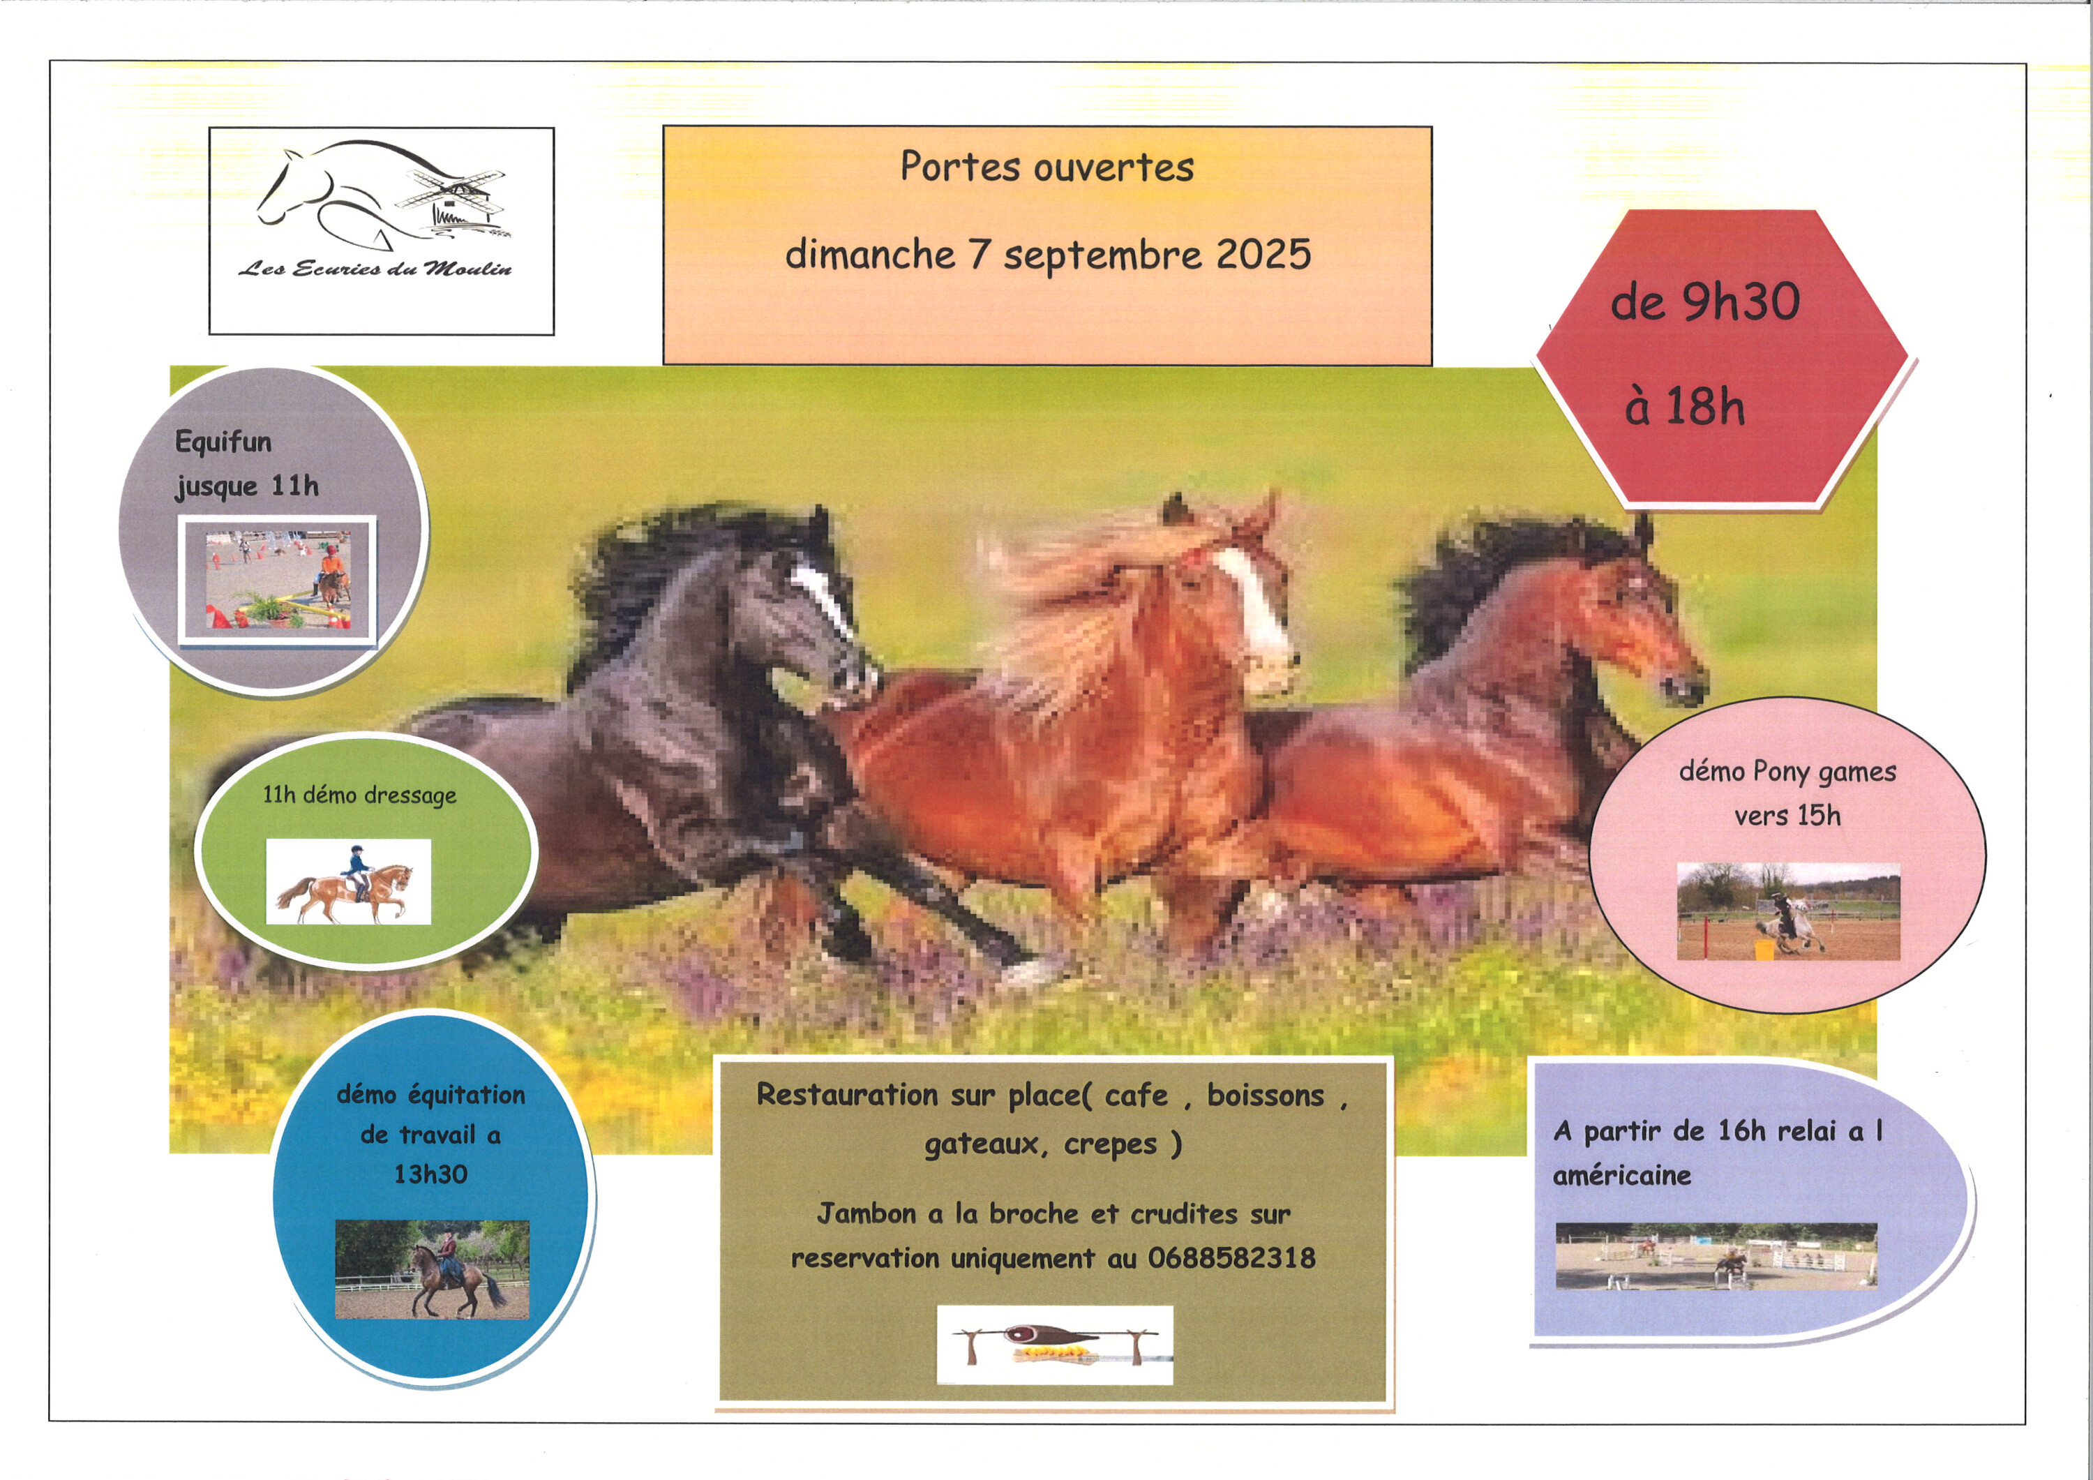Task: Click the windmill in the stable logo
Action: (453, 199)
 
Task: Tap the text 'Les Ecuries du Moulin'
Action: (375, 268)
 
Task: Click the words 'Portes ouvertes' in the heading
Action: (1047, 167)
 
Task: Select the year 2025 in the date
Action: (1263, 253)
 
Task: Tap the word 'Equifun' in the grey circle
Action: (223, 442)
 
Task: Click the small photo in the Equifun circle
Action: (277, 581)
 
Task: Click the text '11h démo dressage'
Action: (359, 795)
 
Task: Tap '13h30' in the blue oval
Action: (430, 1174)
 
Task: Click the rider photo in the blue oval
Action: (432, 1269)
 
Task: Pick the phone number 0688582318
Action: (1231, 1258)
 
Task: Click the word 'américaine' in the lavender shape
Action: (1621, 1176)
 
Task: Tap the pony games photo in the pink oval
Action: (1789, 911)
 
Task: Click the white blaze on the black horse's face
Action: (821, 597)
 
